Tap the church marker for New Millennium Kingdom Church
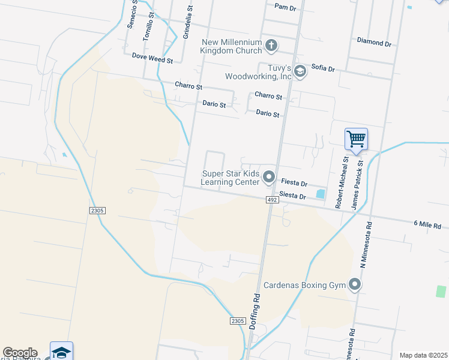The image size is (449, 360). coord(271,45)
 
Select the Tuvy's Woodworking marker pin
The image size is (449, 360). coord(300,72)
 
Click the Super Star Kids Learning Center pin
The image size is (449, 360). coord(268,178)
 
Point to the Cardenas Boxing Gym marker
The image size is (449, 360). coord(355,284)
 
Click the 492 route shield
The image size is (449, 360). coord(273,200)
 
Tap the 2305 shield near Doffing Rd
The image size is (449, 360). coord(238,321)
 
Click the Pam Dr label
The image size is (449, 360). coord(285,7)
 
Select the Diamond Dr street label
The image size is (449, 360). coord(373,43)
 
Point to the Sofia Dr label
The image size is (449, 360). coord(323,68)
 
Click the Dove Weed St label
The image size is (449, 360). coord(152,60)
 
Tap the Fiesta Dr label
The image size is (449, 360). coord(294,183)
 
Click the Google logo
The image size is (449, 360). coord(20,353)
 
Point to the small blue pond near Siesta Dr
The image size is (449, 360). coord(320,194)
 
